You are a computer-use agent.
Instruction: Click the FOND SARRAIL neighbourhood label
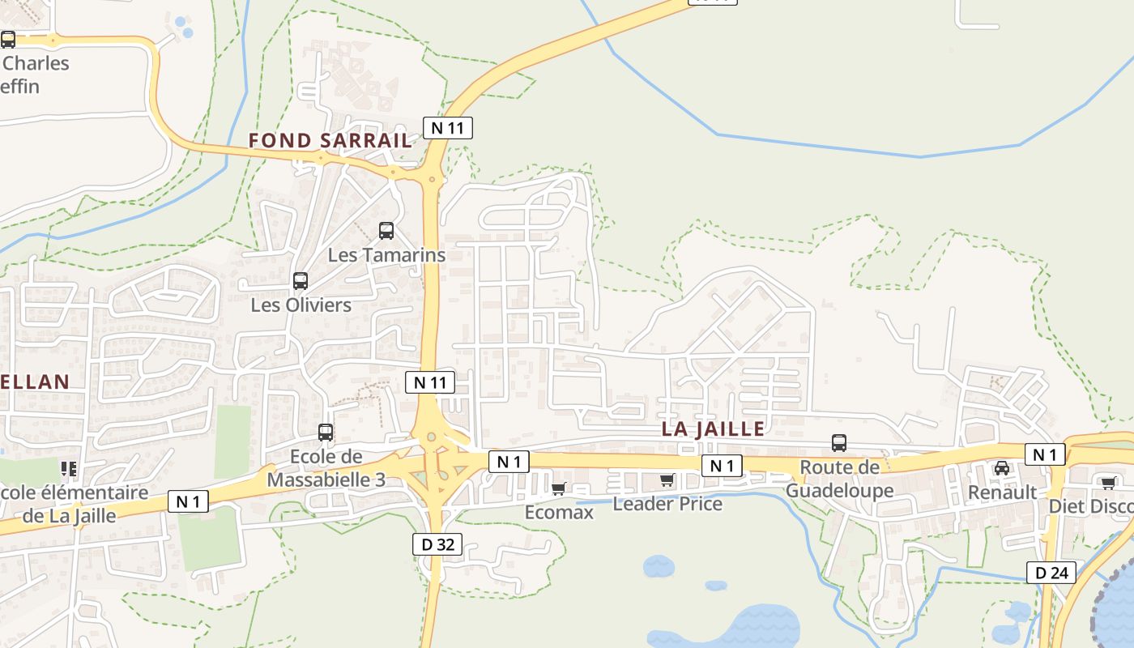(330, 140)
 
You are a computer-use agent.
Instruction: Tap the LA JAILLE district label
(713, 428)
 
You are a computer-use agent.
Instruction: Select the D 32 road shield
(438, 544)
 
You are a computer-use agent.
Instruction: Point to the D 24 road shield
(1051, 573)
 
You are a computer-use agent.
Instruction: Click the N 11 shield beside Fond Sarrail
(448, 127)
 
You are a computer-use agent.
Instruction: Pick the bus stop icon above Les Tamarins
(386, 231)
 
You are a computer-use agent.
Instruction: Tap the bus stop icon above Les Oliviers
(301, 281)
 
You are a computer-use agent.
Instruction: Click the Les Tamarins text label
(386, 254)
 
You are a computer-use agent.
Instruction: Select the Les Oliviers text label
(301, 305)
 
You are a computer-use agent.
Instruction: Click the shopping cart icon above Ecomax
(558, 488)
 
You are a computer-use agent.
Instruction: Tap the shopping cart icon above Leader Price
(667, 480)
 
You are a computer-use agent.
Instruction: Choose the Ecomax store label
(559, 512)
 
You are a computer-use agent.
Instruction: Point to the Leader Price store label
(667, 504)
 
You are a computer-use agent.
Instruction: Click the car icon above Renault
(1002, 467)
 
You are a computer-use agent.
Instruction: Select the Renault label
(1002, 492)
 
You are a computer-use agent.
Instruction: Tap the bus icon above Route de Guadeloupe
(839, 443)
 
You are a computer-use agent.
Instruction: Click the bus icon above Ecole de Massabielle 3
(326, 433)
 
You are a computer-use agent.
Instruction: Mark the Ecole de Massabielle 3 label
(326, 467)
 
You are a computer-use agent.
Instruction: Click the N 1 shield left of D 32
(188, 502)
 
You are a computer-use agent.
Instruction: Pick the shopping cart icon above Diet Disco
(1108, 483)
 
